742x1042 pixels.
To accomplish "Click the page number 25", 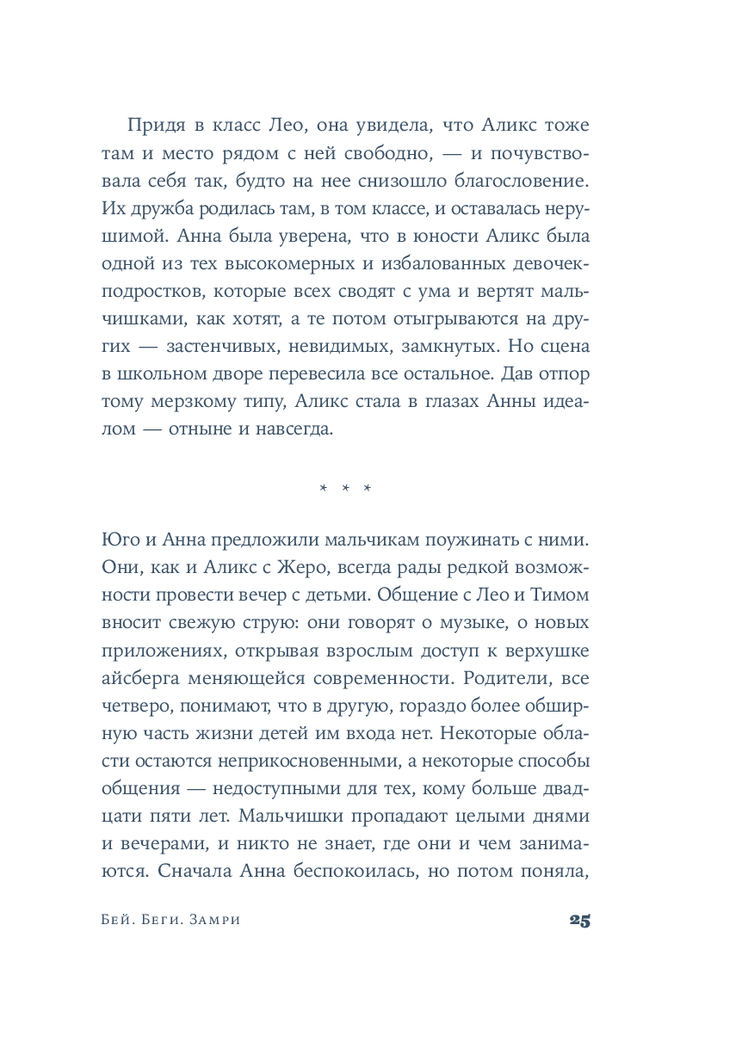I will tap(579, 920).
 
